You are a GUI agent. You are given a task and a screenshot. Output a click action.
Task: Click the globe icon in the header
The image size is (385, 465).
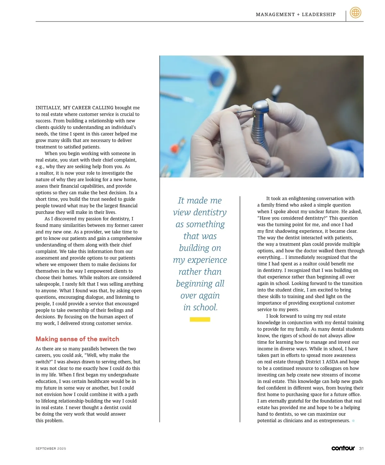pos(355,13)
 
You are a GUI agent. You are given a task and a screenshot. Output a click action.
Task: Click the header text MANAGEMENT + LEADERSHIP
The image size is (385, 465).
pos(295,14)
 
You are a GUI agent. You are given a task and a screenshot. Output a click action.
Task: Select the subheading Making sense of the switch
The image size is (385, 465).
pos(77,339)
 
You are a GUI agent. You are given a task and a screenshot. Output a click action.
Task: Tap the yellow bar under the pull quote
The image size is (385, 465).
pos(200,319)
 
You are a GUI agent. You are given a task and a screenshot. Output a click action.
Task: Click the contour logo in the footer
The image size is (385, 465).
pos(343,448)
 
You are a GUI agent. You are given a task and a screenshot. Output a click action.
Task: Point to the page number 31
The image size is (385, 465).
pos(361,449)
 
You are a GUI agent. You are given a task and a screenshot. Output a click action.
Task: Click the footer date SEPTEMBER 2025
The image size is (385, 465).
pos(51,449)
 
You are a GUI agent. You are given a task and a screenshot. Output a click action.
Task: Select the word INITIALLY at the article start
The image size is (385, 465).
pos(48,108)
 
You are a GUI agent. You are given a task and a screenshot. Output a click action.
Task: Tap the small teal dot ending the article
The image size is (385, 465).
pos(353,421)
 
